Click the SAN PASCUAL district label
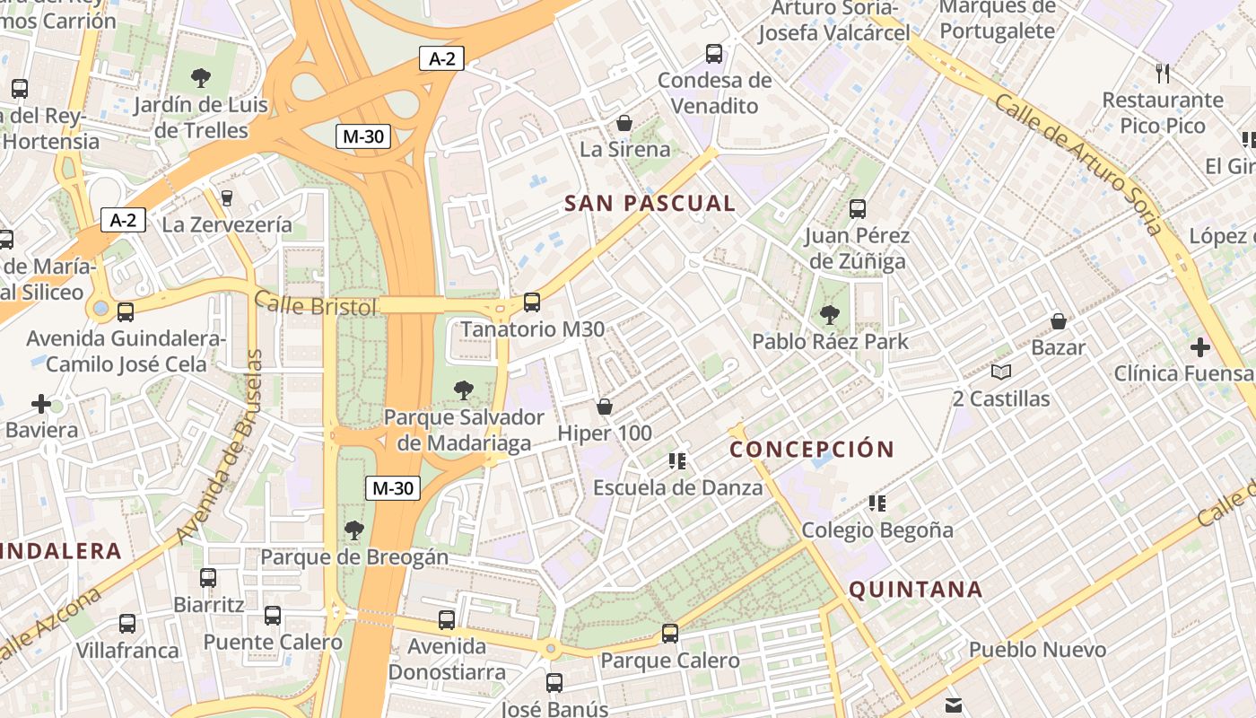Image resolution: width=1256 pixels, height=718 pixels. coord(650,204)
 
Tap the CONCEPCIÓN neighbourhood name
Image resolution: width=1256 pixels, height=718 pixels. coord(812,449)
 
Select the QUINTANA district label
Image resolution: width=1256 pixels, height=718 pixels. coord(915,590)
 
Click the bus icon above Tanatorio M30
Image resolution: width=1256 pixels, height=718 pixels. coord(532,302)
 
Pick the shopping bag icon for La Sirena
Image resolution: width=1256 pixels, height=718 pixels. coord(624,123)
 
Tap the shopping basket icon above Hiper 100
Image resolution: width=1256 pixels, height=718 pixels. coord(605,407)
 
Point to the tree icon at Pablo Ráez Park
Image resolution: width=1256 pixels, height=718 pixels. coord(830,315)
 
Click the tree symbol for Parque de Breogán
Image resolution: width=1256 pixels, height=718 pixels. coord(354,530)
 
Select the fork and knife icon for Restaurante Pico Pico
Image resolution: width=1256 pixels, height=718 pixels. coord(1163,73)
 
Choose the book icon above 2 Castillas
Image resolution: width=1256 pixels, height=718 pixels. coord(1001,372)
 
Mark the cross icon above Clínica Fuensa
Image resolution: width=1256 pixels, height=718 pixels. coord(1200,346)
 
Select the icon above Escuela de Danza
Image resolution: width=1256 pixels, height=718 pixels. coord(677,461)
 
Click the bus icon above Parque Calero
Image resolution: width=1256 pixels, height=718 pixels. coord(670,634)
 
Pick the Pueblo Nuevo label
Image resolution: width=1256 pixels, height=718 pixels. coord(1037,649)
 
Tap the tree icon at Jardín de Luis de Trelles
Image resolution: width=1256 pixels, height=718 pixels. coord(201,78)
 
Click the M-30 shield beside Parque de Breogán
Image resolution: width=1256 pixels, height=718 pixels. coord(393,488)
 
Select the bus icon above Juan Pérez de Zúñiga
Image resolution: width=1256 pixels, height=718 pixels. coord(858,209)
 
